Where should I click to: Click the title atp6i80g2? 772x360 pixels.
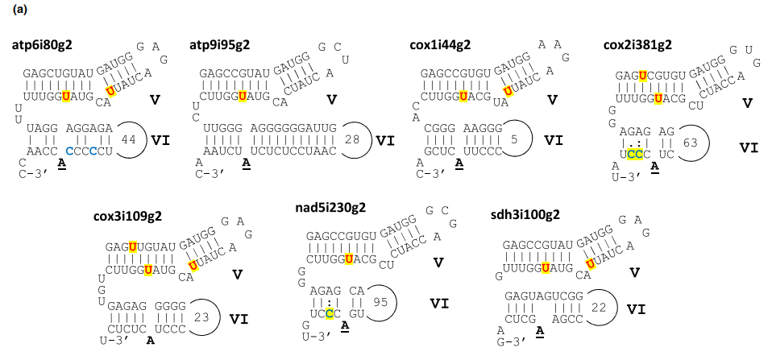tap(43, 45)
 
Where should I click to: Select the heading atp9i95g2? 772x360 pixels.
tap(219, 45)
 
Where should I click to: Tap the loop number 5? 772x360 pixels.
tap(515, 139)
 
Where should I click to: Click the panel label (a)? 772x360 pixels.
tap(21, 10)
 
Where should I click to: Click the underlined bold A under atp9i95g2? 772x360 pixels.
tap(243, 164)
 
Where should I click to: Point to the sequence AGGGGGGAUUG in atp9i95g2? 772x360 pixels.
tap(293, 128)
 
